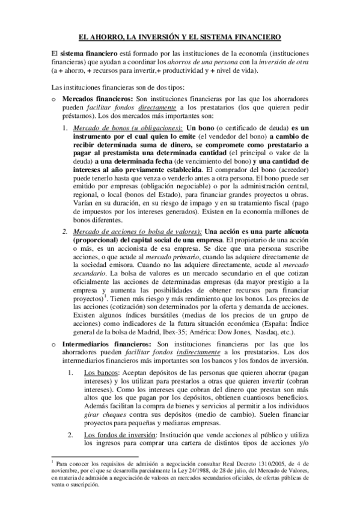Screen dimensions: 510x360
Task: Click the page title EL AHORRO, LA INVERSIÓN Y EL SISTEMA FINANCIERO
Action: click(x=180, y=37)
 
